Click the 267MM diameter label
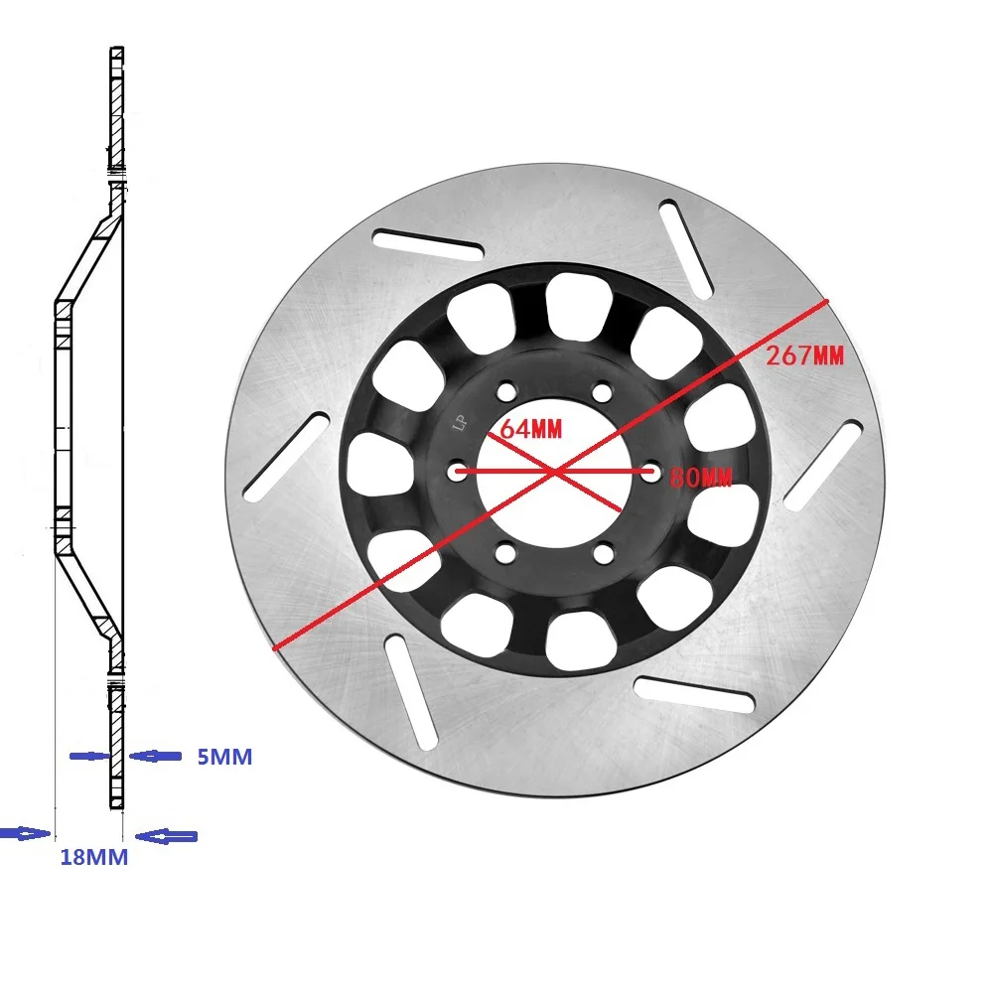click(x=804, y=355)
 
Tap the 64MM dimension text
click(x=530, y=430)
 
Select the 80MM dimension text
click(x=701, y=478)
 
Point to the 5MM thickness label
click(x=223, y=758)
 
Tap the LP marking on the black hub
click(x=460, y=424)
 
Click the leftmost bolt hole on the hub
click(x=457, y=473)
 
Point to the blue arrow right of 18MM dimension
click(x=167, y=836)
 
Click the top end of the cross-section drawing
click(x=117, y=50)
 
